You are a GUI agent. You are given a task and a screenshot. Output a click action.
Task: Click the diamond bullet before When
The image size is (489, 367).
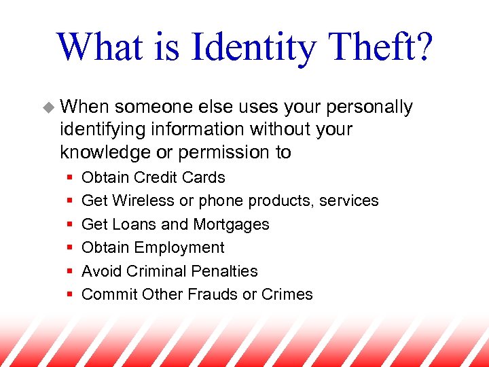tap(49, 107)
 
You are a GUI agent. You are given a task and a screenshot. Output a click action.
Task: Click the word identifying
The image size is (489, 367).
tap(102, 129)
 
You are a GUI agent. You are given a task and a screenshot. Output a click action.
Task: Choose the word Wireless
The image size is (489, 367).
tap(142, 201)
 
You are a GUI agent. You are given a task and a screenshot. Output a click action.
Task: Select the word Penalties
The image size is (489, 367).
tap(224, 271)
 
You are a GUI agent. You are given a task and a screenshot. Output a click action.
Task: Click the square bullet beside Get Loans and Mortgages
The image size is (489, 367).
tap(71, 224)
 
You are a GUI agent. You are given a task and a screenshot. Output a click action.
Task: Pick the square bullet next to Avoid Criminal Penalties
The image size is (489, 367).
tap(71, 271)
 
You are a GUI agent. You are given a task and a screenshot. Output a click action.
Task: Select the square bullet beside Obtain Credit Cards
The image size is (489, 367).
tap(71, 178)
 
